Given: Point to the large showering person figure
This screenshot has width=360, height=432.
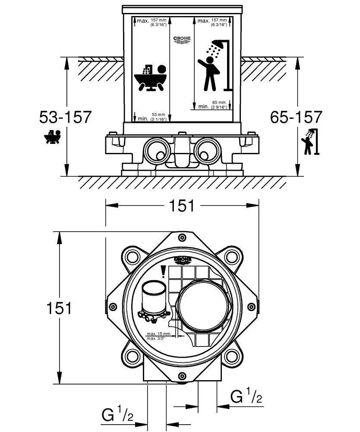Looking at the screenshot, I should point(210,73).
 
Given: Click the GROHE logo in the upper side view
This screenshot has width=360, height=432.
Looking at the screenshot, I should point(182,40).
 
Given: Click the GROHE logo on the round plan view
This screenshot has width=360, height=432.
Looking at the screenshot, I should point(182,259).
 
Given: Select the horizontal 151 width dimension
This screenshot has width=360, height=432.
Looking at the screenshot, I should point(181,206).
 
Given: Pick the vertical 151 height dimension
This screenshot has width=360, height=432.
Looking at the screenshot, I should point(59,308).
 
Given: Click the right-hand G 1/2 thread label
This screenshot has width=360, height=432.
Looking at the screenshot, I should point(246,396).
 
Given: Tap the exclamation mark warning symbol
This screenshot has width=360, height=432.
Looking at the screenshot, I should point(163,271).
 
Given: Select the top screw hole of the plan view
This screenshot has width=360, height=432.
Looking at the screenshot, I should point(182,238).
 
